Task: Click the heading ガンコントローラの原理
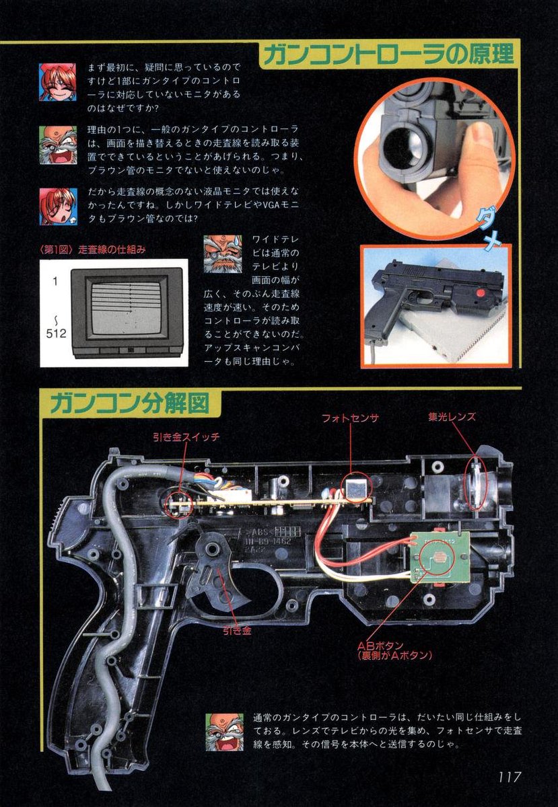click(x=389, y=54)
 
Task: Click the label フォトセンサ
click(x=350, y=417)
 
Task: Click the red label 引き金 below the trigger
click(x=237, y=631)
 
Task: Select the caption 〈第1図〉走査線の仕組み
click(x=94, y=249)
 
